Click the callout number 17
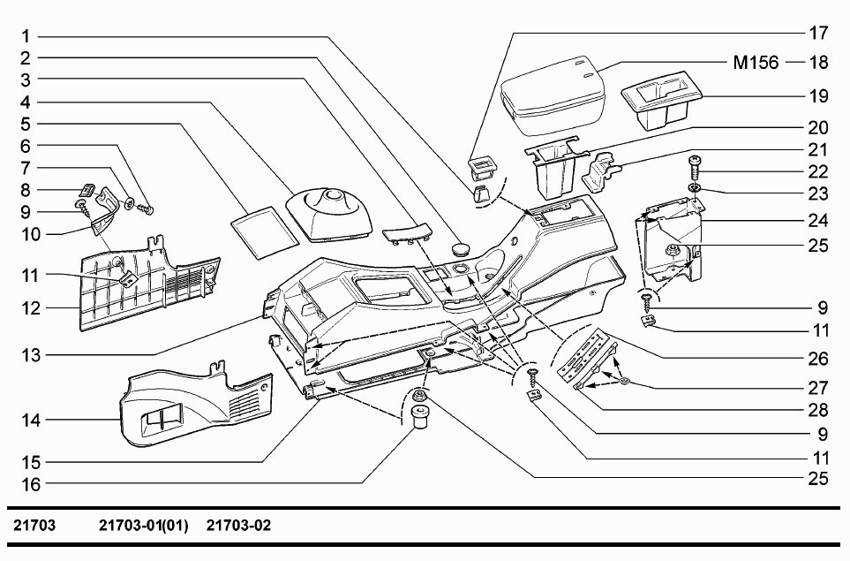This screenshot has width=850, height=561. click(x=818, y=33)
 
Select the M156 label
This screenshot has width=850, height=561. click(x=756, y=63)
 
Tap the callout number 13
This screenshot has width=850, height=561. click(x=31, y=355)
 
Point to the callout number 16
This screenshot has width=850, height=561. click(x=31, y=484)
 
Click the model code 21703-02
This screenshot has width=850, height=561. click(x=238, y=525)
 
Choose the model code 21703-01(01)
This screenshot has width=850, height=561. click(x=144, y=525)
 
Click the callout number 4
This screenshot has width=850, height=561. click(x=26, y=102)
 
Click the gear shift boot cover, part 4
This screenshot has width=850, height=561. click(x=329, y=216)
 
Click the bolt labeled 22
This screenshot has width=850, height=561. click(x=695, y=170)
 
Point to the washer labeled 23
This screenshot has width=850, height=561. click(x=695, y=189)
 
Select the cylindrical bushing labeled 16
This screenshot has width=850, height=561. click(x=419, y=416)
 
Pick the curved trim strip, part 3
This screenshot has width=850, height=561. click(x=407, y=233)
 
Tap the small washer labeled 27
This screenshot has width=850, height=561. click(x=624, y=382)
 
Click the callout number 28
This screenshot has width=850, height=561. click(x=818, y=410)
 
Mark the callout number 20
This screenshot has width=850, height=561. click(x=818, y=127)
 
